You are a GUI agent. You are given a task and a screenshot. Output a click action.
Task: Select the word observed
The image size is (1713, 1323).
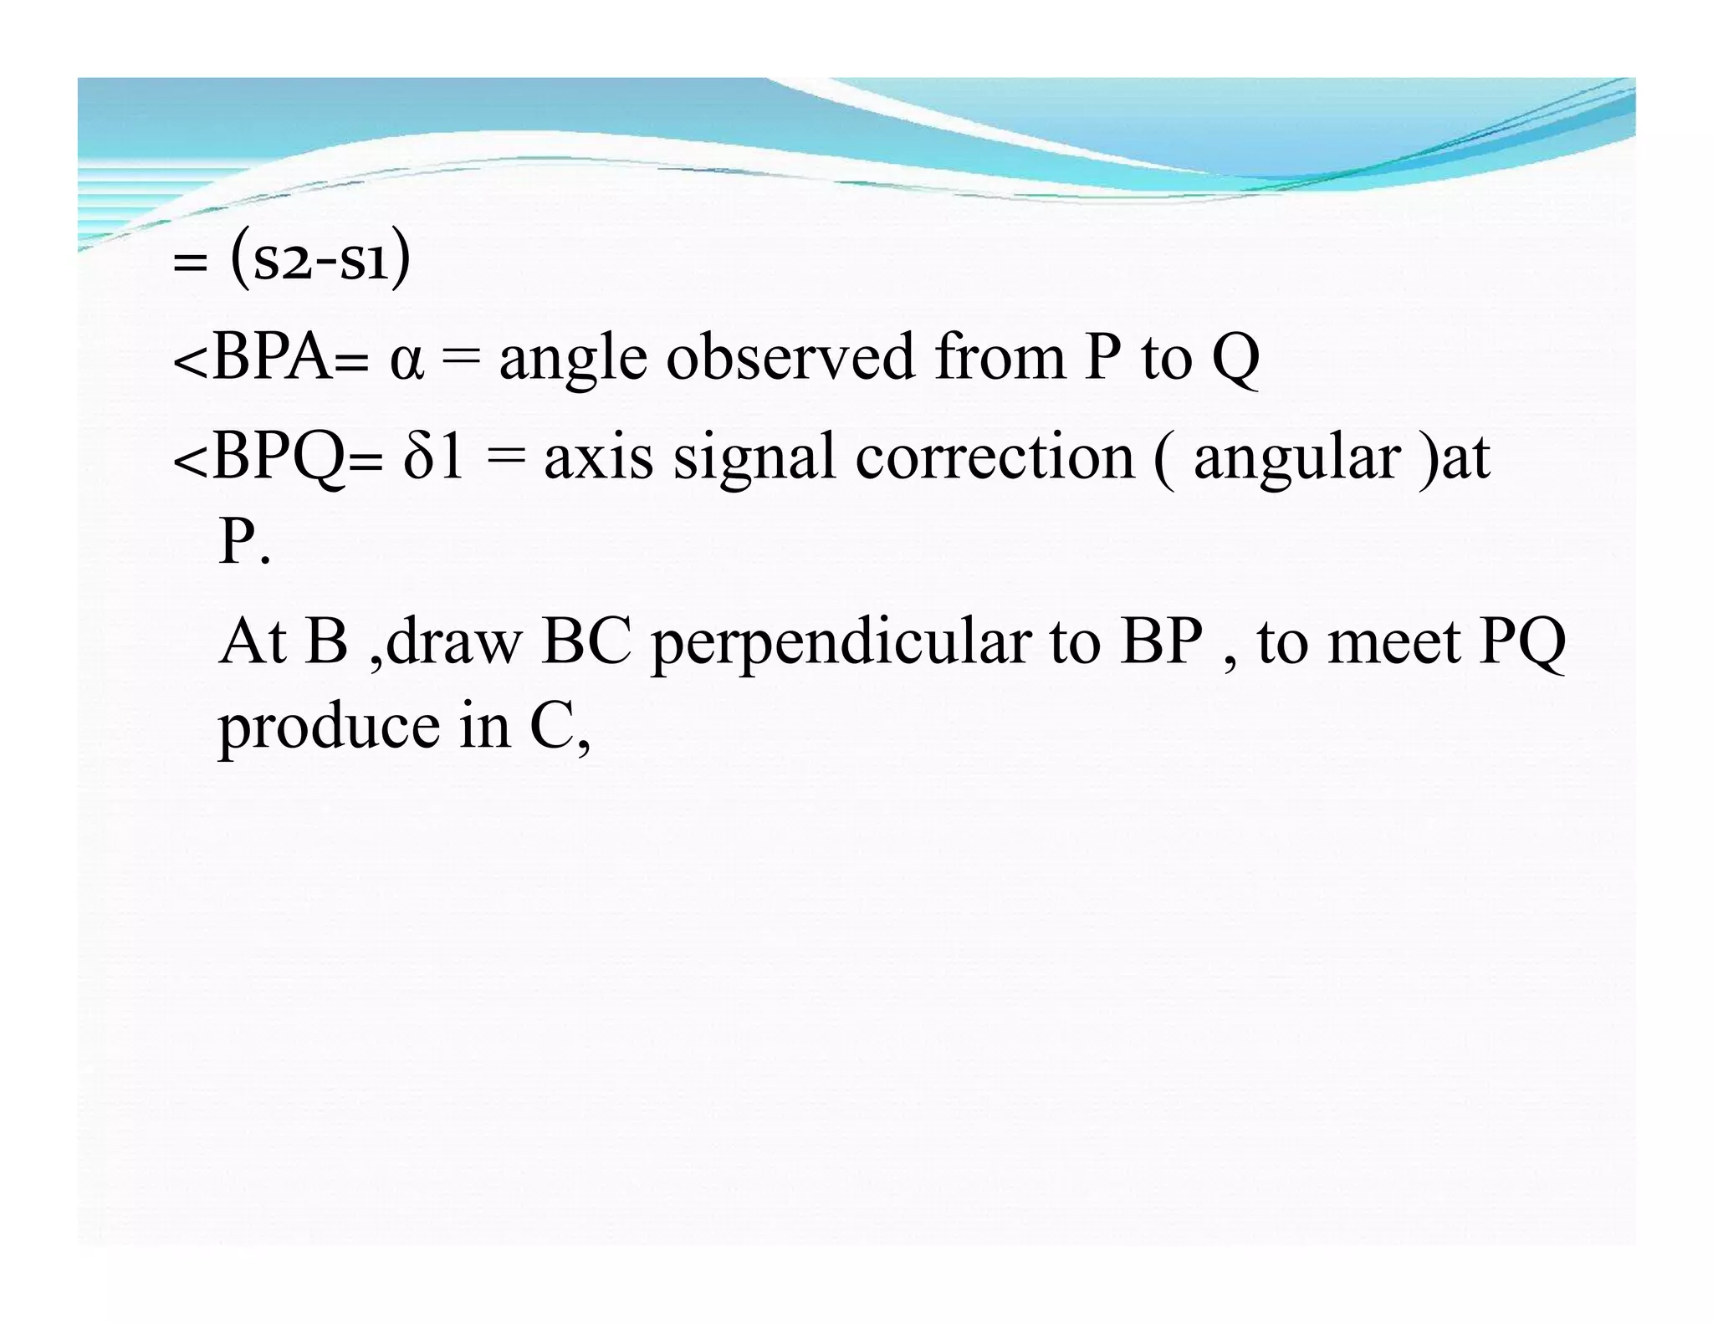pyautogui.click(x=790, y=357)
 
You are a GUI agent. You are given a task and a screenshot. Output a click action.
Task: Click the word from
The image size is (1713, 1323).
pyautogui.click(x=999, y=357)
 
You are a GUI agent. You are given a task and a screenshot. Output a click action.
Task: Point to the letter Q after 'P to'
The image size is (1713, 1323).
pyautogui.click(x=1235, y=359)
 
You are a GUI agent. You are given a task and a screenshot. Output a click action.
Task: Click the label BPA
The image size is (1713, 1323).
pyautogui.click(x=272, y=357)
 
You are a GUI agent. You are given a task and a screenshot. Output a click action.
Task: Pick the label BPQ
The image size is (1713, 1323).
pyautogui.click(x=279, y=458)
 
